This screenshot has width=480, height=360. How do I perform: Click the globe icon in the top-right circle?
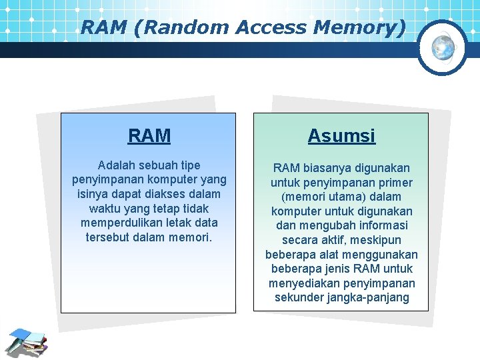443,47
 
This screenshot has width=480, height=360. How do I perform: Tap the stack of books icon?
27,342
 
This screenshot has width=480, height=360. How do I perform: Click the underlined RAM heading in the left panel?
149,136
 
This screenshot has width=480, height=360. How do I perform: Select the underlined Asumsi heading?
341,136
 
